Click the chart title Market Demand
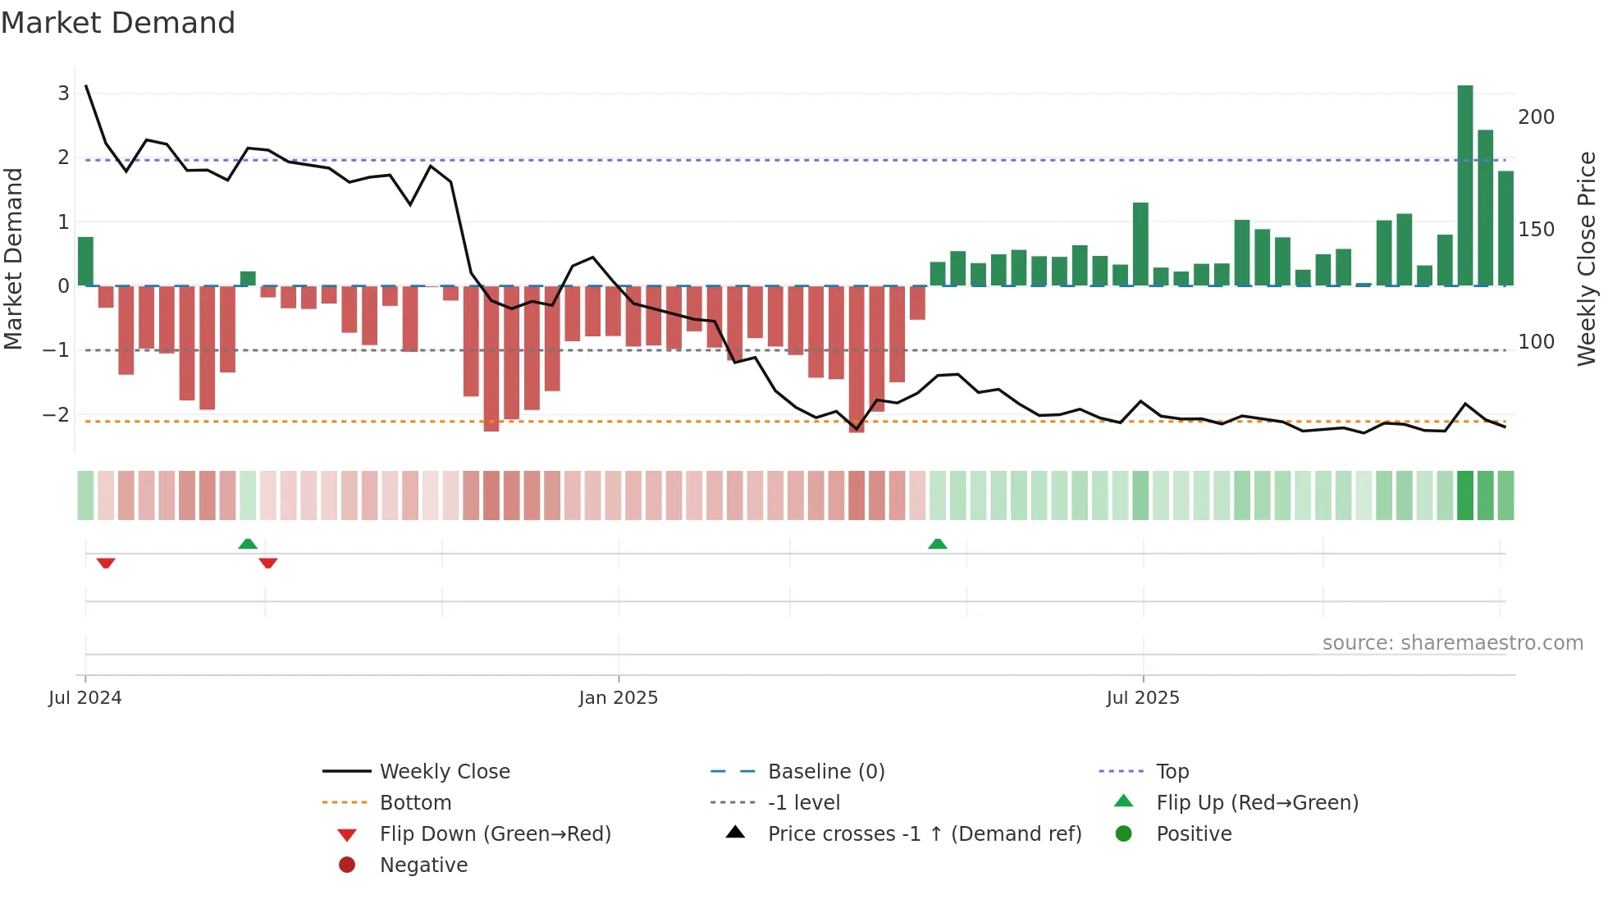pyautogui.click(x=118, y=23)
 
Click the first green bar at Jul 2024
pyautogui.click(x=85, y=261)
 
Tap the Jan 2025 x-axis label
pyautogui.click(x=618, y=698)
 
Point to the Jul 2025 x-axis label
pyautogui.click(x=1142, y=698)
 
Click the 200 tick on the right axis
pyautogui.click(x=1536, y=117)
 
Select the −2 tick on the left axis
pyautogui.click(x=57, y=415)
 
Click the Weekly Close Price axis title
pyautogui.click(x=1587, y=258)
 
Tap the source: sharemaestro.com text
pyautogui.click(x=1452, y=643)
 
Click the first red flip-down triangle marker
pyautogui.click(x=106, y=563)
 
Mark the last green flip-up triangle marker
pyautogui.click(x=937, y=544)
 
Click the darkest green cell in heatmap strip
pyautogui.click(x=1464, y=495)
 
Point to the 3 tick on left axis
pyautogui.click(x=63, y=94)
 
